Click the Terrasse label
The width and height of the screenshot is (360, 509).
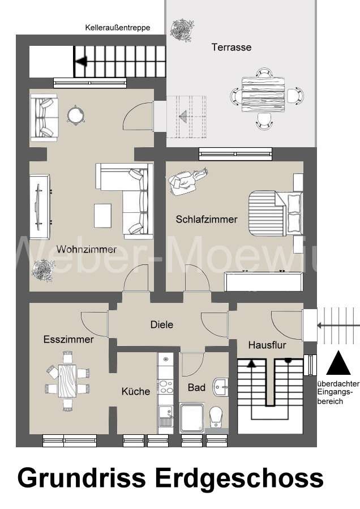tap(231, 48)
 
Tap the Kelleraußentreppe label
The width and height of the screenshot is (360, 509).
tap(117, 27)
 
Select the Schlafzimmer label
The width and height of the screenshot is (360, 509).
tap(206, 219)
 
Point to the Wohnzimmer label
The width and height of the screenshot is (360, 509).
tap(86, 249)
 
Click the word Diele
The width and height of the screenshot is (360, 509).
tap(161, 324)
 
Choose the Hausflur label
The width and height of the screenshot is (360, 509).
tap(267, 344)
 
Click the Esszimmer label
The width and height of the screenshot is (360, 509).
tap(68, 339)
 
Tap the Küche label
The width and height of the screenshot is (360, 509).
tap(136, 391)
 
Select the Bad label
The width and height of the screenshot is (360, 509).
tap(196, 388)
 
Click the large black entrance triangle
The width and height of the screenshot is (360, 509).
tap(339, 363)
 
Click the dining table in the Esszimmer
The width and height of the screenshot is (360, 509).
tap(67, 380)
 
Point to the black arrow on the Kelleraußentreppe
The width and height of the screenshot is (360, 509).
tap(81, 61)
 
